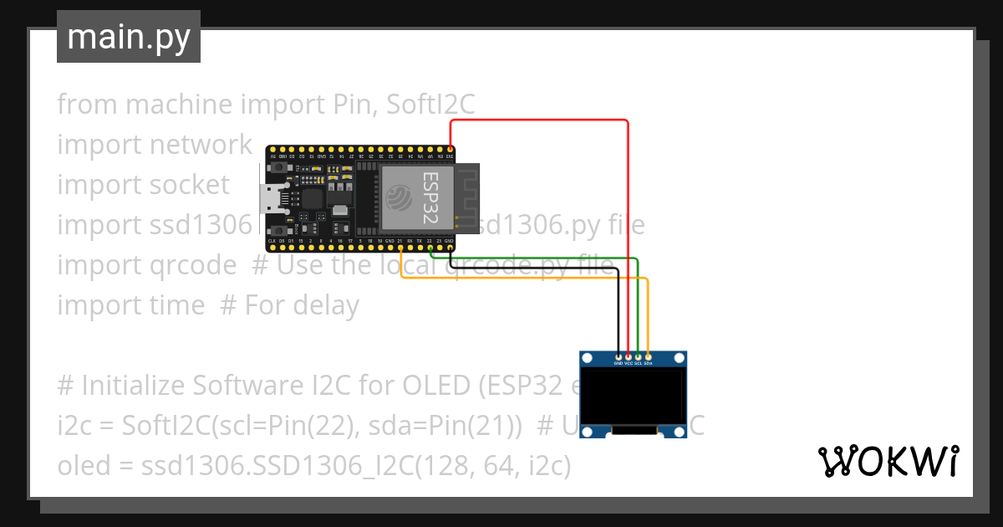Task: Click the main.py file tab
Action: pyautogui.click(x=129, y=38)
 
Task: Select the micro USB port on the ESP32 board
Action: pyautogui.click(x=270, y=199)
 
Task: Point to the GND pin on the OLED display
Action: pyautogui.click(x=619, y=357)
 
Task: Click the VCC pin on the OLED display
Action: pyautogui.click(x=629, y=357)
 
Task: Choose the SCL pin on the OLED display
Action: pyautogui.click(x=639, y=357)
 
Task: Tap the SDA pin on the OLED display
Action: pyautogui.click(x=649, y=357)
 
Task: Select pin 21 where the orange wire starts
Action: pyautogui.click(x=401, y=247)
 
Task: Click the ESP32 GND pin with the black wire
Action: pyautogui.click(x=451, y=247)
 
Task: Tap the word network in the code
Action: pyautogui.click(x=201, y=145)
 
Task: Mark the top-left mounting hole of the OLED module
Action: pyautogui.click(x=587, y=359)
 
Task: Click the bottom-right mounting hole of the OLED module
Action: pyautogui.click(x=680, y=432)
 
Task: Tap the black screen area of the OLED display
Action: pyautogui.click(x=634, y=397)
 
